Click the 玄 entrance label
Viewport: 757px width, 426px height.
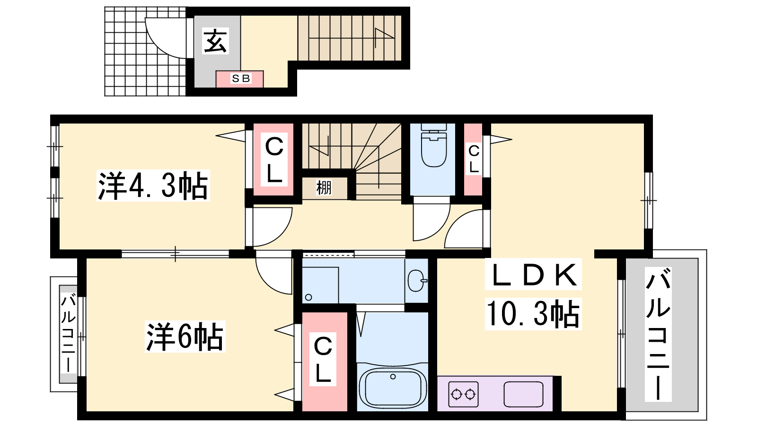tap(215, 41)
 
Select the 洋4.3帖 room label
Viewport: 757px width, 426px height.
tap(153, 186)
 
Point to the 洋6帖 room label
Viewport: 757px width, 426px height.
tap(185, 337)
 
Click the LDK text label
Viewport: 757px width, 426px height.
tap(533, 275)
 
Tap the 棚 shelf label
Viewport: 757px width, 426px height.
tap(324, 187)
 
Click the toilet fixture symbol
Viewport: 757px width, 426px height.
tap(433, 145)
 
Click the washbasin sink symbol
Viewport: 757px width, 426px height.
tap(417, 281)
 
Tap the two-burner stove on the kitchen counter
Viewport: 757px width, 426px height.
tap(463, 394)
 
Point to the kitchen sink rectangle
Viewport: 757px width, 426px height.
tap(523, 394)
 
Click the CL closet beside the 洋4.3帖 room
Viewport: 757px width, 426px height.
tap(274, 159)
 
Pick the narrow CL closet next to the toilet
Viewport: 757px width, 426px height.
tap(473, 159)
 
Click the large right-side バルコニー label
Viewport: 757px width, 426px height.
tap(658, 334)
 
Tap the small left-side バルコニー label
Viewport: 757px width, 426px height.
tap(68, 334)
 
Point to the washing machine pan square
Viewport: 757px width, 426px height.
tap(320, 285)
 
